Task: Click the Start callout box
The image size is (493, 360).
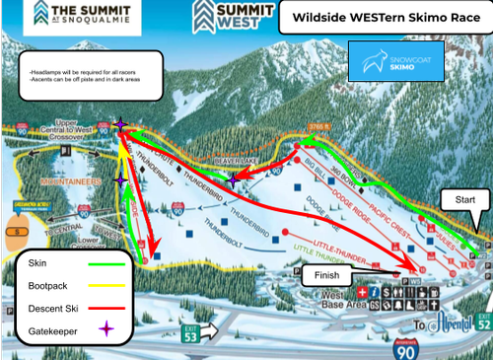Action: [462, 201]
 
